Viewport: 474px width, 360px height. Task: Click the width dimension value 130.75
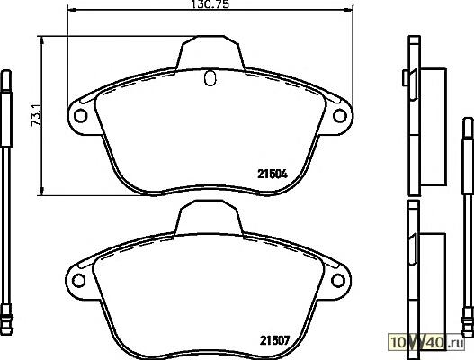[210, 4]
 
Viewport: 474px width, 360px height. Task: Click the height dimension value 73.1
[36, 115]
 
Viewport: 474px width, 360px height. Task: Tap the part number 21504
[273, 174]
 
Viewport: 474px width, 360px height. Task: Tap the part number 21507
[274, 340]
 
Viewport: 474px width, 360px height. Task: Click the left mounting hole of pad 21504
[80, 115]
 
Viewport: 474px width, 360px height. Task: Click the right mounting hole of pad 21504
[339, 115]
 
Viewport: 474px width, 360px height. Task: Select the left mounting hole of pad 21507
[78, 281]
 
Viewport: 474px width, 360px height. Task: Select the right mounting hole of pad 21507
[337, 281]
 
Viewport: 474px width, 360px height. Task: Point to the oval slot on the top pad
[210, 78]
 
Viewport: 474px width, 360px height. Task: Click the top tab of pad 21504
[210, 53]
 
